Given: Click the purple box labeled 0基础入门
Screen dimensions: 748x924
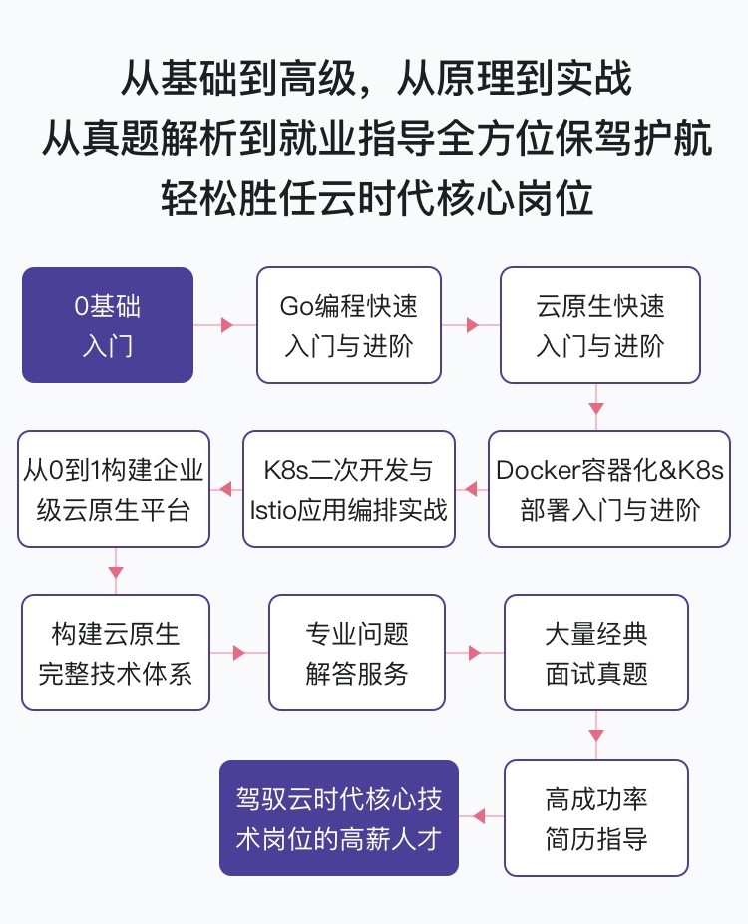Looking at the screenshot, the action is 108,325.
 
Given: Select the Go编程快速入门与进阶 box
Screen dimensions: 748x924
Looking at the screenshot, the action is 349,325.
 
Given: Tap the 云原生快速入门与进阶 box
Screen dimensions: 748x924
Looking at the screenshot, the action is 600,325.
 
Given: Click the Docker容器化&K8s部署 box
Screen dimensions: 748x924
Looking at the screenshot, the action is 609,489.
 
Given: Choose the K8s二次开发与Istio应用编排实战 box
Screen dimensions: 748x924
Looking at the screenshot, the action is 349,489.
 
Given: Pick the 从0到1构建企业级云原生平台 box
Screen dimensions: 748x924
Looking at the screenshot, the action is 114,489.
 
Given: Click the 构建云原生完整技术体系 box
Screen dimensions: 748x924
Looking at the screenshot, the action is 116,653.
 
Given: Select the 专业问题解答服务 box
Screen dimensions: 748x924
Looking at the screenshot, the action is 357,653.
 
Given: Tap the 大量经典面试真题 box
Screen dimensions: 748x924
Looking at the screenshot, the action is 596,653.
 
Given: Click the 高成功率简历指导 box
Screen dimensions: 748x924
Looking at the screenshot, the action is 596,818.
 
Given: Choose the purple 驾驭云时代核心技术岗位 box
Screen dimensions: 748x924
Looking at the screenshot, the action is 339,818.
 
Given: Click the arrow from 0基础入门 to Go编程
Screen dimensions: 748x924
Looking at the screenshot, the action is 225,324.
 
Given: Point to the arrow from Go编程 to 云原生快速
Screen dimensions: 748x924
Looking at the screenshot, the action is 471,324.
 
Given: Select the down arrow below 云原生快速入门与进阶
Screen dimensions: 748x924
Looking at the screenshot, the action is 596,407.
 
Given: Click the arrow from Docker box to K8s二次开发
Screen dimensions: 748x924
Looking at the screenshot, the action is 472,489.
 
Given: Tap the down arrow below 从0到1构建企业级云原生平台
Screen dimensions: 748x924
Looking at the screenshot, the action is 116,571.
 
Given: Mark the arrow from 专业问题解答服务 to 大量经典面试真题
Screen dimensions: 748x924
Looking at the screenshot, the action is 475,653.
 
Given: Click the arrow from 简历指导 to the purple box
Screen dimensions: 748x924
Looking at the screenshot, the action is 481,816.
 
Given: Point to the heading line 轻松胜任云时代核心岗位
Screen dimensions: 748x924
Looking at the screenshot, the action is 377,197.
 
